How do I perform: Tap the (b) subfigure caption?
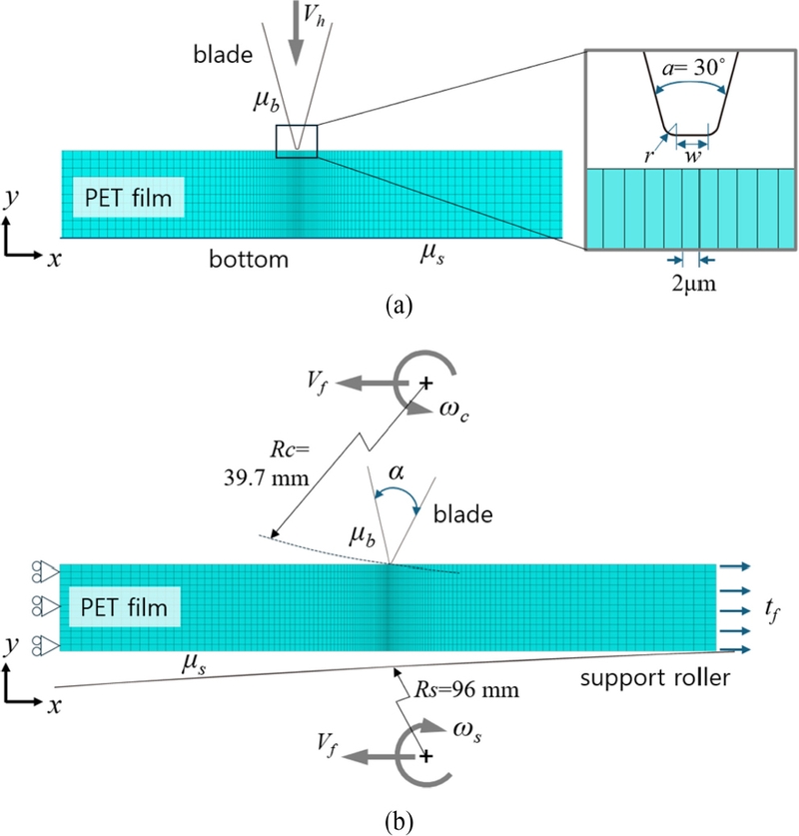[399, 821]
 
